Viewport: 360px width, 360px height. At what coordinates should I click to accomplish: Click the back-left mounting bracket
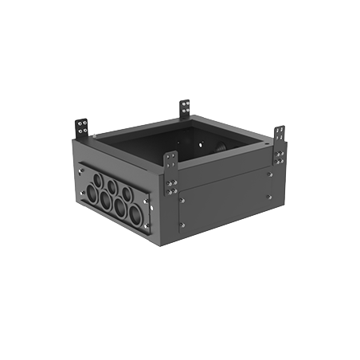[81, 127]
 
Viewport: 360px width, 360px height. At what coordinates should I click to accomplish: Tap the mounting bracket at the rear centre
[184, 108]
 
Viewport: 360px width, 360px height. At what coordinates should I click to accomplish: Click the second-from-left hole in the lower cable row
[105, 201]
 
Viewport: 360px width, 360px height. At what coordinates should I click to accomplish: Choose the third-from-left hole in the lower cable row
[119, 209]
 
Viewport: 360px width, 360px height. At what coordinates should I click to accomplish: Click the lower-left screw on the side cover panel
[182, 225]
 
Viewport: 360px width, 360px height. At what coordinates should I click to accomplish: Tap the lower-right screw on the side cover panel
[268, 197]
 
